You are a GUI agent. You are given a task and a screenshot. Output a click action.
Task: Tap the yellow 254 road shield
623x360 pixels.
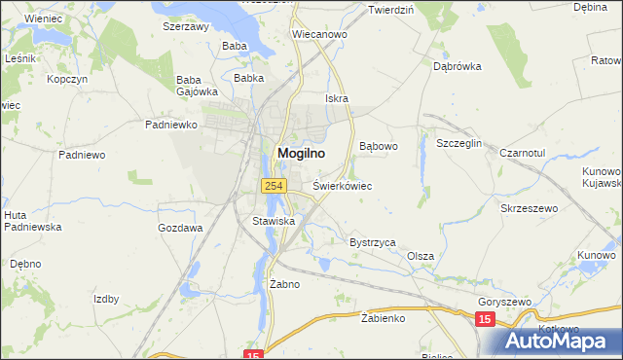272,185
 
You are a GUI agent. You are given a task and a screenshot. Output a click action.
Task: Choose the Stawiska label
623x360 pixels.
274,221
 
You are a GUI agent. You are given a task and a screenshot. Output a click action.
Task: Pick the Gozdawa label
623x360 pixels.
180,228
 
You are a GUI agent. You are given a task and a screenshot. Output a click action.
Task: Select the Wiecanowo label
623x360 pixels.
320,34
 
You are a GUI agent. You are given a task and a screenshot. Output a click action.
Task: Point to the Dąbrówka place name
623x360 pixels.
458,67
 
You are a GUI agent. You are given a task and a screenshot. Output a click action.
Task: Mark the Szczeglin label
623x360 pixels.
459,143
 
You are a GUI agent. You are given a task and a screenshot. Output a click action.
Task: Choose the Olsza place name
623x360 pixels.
421,256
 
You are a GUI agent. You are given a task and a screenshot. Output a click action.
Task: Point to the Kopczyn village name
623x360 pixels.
67,78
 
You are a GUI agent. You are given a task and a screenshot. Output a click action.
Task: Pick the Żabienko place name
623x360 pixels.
383,317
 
